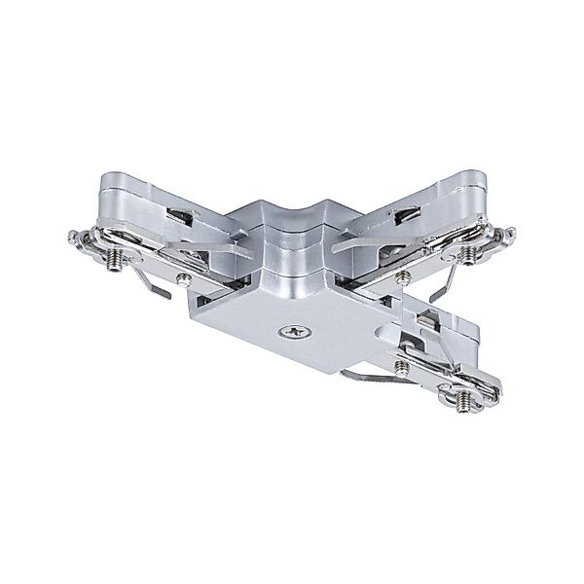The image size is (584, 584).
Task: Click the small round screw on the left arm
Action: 181,280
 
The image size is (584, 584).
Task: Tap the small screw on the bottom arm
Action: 400,366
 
